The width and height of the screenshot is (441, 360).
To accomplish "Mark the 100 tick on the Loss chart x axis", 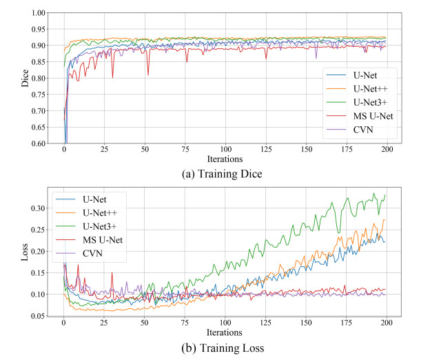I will point(225,323).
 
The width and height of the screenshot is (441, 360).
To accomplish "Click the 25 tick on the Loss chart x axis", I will point(104,323).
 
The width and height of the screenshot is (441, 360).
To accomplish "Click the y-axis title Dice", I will point(26,78).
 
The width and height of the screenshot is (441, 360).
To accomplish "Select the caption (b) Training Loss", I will point(225,347).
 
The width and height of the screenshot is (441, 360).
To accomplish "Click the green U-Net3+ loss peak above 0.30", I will point(374,194).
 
